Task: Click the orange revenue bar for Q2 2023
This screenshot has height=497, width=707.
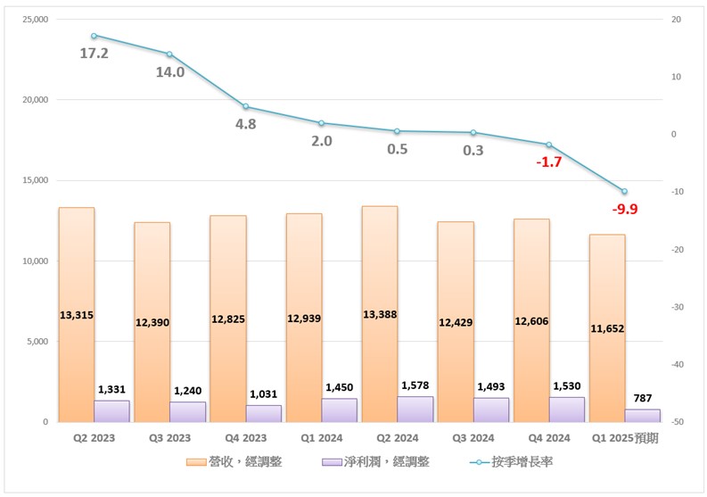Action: [x=77, y=268]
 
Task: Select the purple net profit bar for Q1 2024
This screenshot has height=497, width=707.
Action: [x=340, y=410]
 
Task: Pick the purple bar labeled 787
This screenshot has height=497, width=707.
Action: [x=643, y=416]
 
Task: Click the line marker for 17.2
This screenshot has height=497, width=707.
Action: [x=94, y=36]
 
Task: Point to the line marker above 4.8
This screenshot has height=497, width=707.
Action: [x=245, y=107]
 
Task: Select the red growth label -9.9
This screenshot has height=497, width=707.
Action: [x=624, y=209]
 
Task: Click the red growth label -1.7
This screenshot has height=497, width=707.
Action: [x=548, y=162]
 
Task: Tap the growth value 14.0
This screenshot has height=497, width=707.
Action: [x=169, y=72]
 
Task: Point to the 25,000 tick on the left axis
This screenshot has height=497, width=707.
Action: [x=36, y=20]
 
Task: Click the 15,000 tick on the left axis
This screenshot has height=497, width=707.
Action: [x=36, y=180]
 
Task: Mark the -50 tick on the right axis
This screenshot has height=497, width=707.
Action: [x=677, y=421]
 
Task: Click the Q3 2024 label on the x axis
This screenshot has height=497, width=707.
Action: [x=473, y=438]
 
